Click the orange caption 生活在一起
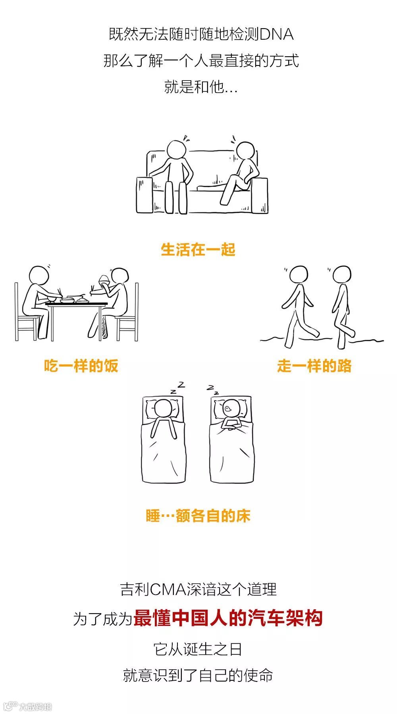click(198, 250)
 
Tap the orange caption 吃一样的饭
click(81, 366)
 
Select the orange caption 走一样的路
click(314, 366)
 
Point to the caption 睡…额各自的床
click(198, 516)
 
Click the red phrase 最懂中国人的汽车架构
click(228, 618)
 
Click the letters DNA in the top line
click(276, 35)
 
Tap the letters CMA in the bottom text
click(168, 589)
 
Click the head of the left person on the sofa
click(177, 150)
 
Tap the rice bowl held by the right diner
click(104, 280)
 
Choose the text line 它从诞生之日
click(198, 649)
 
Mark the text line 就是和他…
click(201, 87)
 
